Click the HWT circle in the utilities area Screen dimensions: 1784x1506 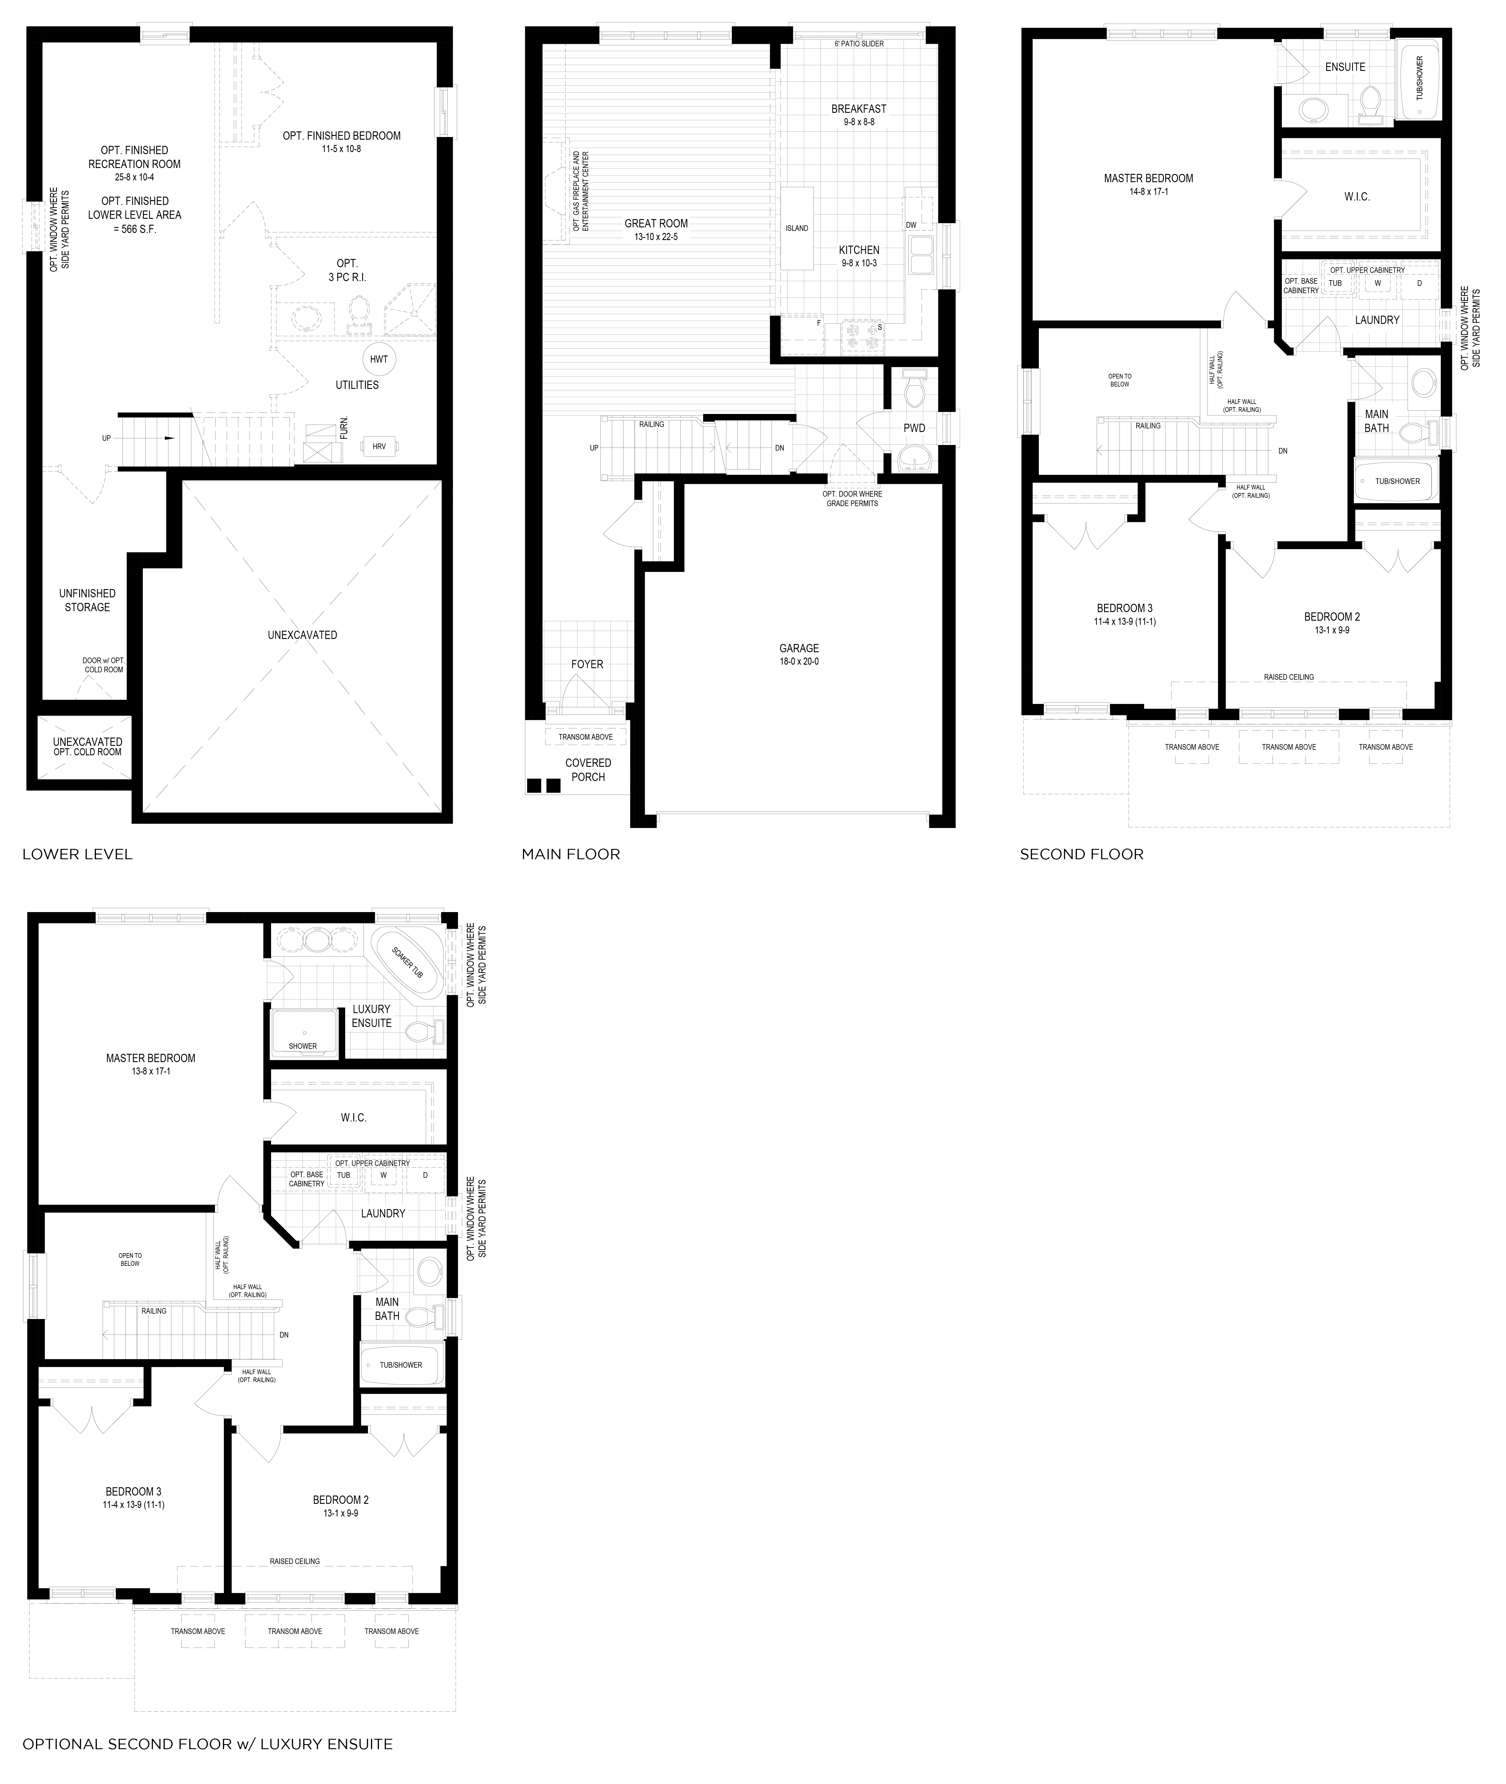(x=378, y=359)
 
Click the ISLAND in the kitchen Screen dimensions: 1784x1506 (x=796, y=229)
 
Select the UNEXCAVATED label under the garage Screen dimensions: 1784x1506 (x=302, y=635)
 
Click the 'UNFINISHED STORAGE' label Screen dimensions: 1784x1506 (x=87, y=600)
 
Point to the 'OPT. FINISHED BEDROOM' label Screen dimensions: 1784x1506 (x=341, y=136)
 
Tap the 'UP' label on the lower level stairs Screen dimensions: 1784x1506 (x=107, y=439)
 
